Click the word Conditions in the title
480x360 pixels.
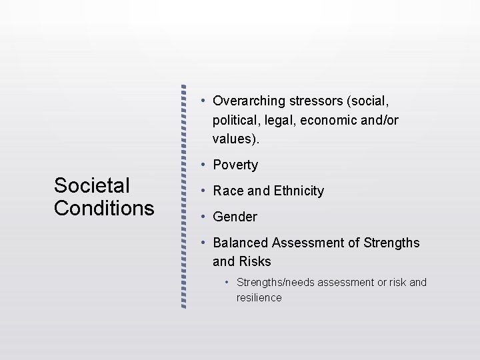(104, 208)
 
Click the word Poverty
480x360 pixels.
(235, 165)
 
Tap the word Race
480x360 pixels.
(227, 191)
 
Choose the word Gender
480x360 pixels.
(235, 217)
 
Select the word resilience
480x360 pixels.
(259, 297)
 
